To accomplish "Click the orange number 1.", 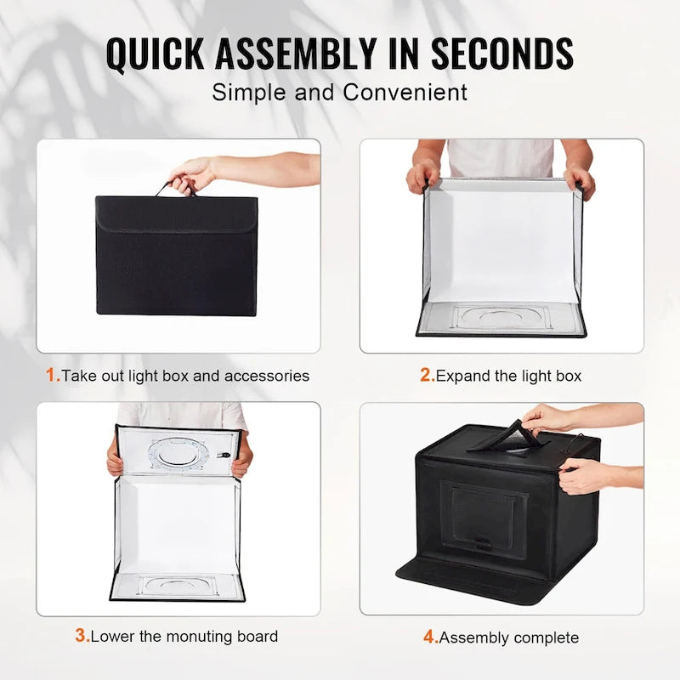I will tap(52, 375).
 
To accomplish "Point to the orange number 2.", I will tap(426, 375).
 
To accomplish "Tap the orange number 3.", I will tap(81, 635).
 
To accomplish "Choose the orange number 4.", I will tap(429, 637).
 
